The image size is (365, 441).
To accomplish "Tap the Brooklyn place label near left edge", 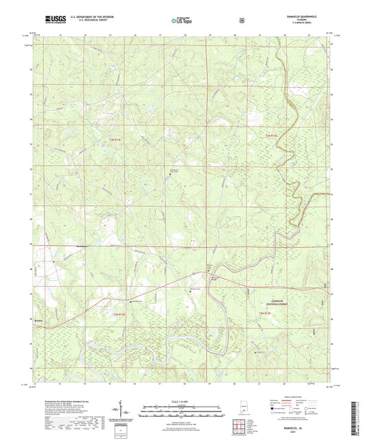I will click(38, 320).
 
